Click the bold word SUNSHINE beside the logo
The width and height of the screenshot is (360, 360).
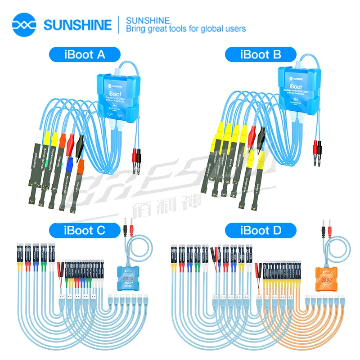pyautogui.click(x=77, y=24)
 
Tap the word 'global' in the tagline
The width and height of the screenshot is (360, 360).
pyautogui.click(x=212, y=29)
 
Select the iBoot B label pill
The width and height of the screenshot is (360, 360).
pyautogui.click(x=261, y=55)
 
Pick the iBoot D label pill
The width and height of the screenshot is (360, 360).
pyautogui.click(x=261, y=231)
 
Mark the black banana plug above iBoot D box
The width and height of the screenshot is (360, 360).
pyautogui.click(x=322, y=227)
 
